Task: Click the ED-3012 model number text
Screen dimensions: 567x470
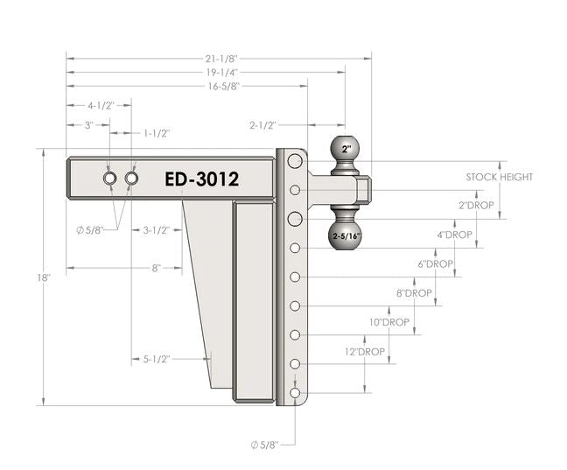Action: pyautogui.click(x=202, y=179)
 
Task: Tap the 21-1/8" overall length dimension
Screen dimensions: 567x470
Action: pyautogui.click(x=223, y=59)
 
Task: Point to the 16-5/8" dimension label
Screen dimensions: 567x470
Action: pyautogui.click(x=224, y=87)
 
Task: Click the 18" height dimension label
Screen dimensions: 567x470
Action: pyautogui.click(x=44, y=277)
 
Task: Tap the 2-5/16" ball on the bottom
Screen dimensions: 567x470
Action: pyautogui.click(x=345, y=235)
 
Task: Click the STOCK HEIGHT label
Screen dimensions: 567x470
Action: pyautogui.click(x=500, y=177)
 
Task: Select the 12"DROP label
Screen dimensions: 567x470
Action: pyautogui.click(x=365, y=351)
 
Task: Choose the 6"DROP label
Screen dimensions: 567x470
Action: pyautogui.click(x=436, y=263)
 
